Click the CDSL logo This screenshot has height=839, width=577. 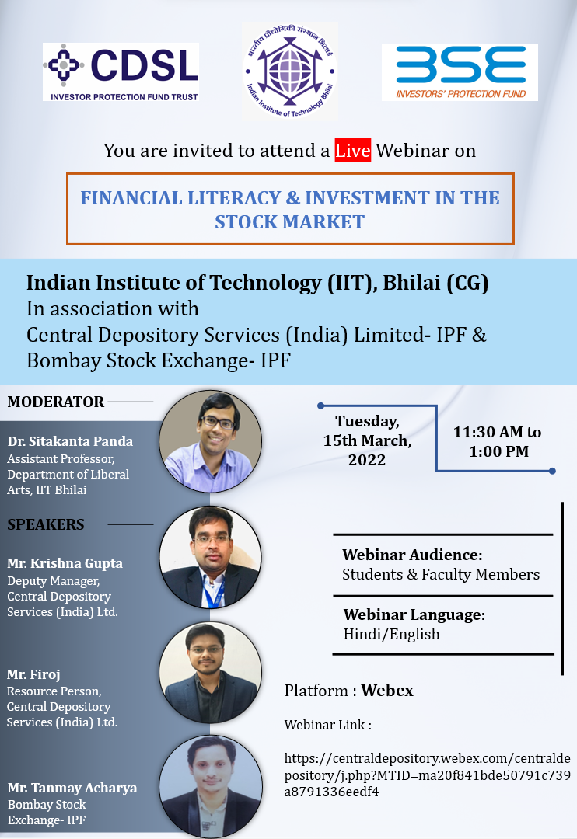pyautogui.click(x=121, y=71)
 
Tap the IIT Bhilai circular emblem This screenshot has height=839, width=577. pyautogui.click(x=289, y=70)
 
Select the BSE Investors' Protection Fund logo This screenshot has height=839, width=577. pyautogui.click(x=460, y=71)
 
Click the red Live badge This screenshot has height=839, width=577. pyautogui.click(x=352, y=150)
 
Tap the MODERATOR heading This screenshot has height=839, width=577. pyautogui.click(x=56, y=402)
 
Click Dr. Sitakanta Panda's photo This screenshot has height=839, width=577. pyautogui.click(x=211, y=441)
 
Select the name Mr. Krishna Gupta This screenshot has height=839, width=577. pyautogui.click(x=65, y=563)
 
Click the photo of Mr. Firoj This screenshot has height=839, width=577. pyautogui.click(x=211, y=673)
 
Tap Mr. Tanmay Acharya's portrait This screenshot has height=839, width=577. pyautogui.click(x=212, y=786)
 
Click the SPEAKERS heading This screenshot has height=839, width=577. pyautogui.click(x=46, y=524)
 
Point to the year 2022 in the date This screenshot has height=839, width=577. pyautogui.click(x=367, y=460)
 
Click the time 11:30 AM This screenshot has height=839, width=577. pyautogui.click(x=488, y=432)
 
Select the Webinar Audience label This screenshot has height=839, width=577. pyautogui.click(x=412, y=555)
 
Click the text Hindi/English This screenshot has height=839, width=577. pyautogui.click(x=392, y=634)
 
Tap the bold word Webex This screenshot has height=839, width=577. pyautogui.click(x=387, y=691)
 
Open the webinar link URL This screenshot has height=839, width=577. pyautogui.click(x=427, y=775)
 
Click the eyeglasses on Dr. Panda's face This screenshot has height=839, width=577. pyautogui.click(x=218, y=422)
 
